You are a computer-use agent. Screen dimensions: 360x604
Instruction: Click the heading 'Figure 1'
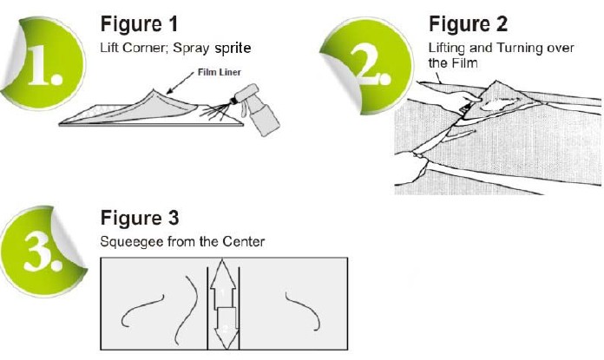(x=143, y=21)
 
